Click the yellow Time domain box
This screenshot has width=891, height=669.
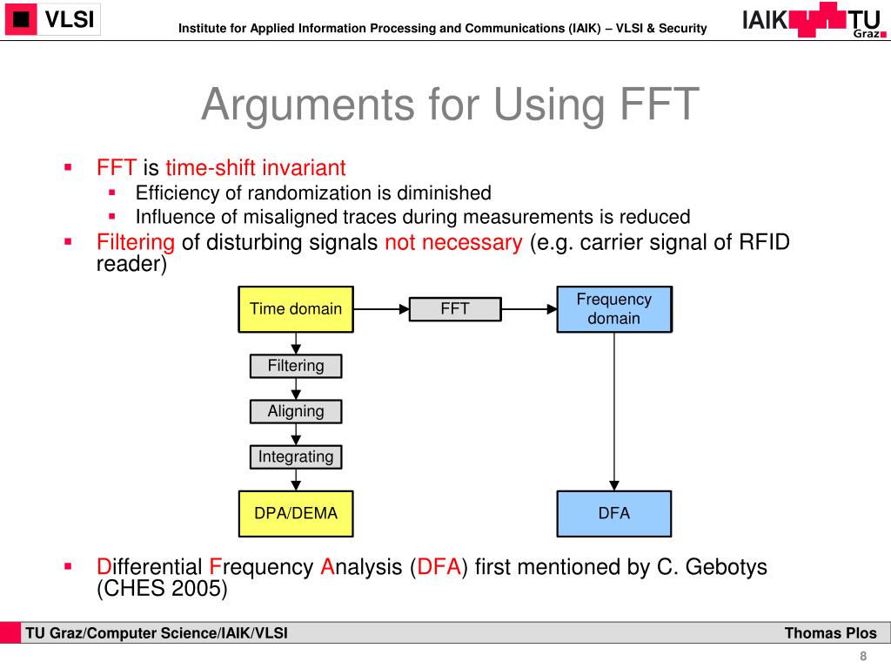[x=296, y=309]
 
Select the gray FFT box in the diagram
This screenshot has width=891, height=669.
[x=455, y=309]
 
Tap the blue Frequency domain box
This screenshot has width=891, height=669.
[x=613, y=309]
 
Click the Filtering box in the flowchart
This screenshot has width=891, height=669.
[x=296, y=366]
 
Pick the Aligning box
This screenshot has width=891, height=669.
[x=296, y=411]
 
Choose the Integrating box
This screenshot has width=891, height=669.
[x=296, y=456]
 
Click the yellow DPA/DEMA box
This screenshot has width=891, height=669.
[x=296, y=513]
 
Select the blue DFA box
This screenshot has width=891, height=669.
[x=613, y=513]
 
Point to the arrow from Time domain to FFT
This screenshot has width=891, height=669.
[x=381, y=309]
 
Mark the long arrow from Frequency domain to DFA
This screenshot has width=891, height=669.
[x=614, y=409]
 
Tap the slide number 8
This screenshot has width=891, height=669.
[x=863, y=656]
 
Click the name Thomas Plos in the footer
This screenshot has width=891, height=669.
[x=831, y=633]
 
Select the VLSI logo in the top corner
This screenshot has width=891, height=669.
[x=51, y=20]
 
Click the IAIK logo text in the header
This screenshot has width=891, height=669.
[x=764, y=20]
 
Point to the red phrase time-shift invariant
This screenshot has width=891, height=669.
[x=256, y=168]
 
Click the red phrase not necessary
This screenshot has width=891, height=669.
[x=452, y=242]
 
